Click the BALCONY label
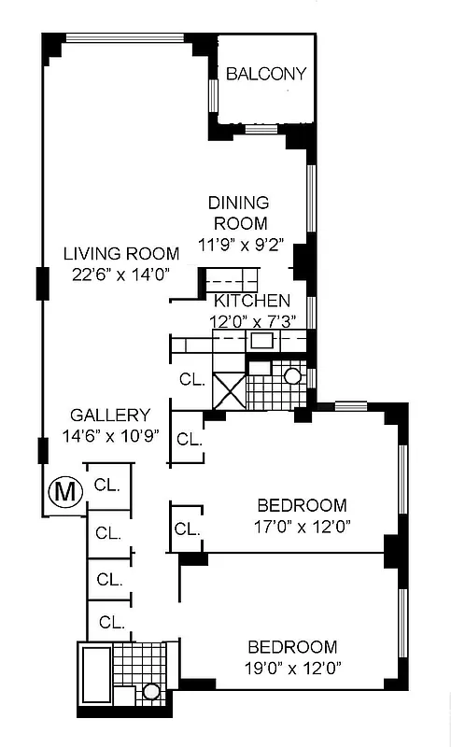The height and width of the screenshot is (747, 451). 265,75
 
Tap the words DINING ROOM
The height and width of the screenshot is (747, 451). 239,213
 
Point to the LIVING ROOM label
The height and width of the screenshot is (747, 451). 120,253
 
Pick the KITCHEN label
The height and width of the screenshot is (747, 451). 251,301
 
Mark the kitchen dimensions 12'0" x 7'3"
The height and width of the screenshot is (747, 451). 252,321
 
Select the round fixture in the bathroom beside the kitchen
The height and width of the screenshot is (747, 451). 292,377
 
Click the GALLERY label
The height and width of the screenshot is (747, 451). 110,416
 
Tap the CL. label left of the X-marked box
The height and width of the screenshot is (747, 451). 192,380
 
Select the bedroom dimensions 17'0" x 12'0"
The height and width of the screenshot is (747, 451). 302,525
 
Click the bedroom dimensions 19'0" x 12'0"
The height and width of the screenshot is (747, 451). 291,668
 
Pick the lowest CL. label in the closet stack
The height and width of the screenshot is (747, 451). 112,622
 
